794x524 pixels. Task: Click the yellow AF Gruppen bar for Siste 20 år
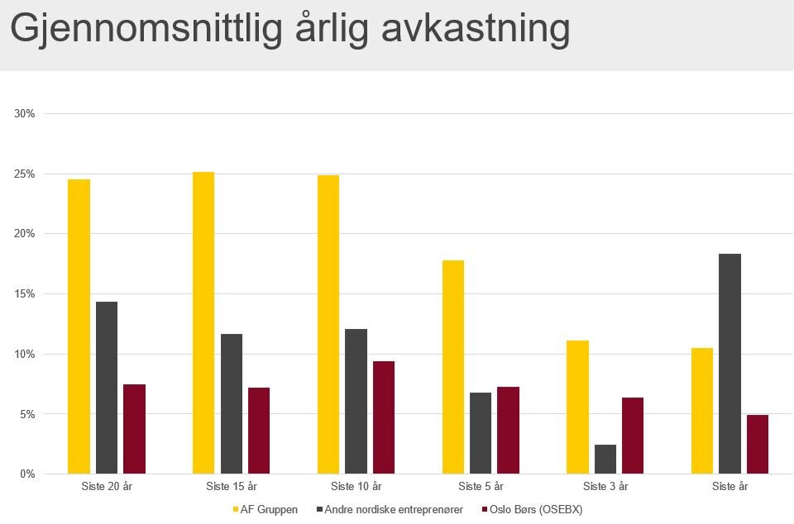(79, 326)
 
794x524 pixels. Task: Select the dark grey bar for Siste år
(729, 364)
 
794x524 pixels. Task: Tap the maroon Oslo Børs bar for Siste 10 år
(384, 417)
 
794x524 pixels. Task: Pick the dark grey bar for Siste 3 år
(605, 460)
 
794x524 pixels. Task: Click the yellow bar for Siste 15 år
(203, 322)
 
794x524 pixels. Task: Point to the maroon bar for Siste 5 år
(508, 430)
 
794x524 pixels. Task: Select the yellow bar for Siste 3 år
(577, 407)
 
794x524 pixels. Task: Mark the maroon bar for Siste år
(758, 444)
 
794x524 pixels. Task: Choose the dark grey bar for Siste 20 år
(107, 388)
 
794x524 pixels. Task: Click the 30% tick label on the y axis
(25, 114)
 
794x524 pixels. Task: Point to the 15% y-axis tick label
(25, 294)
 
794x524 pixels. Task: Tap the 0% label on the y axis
(27, 474)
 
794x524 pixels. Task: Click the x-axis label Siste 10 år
(356, 487)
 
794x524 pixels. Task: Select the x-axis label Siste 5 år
(481, 487)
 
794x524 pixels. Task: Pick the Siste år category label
(729, 487)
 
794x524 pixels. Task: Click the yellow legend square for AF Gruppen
(236, 510)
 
